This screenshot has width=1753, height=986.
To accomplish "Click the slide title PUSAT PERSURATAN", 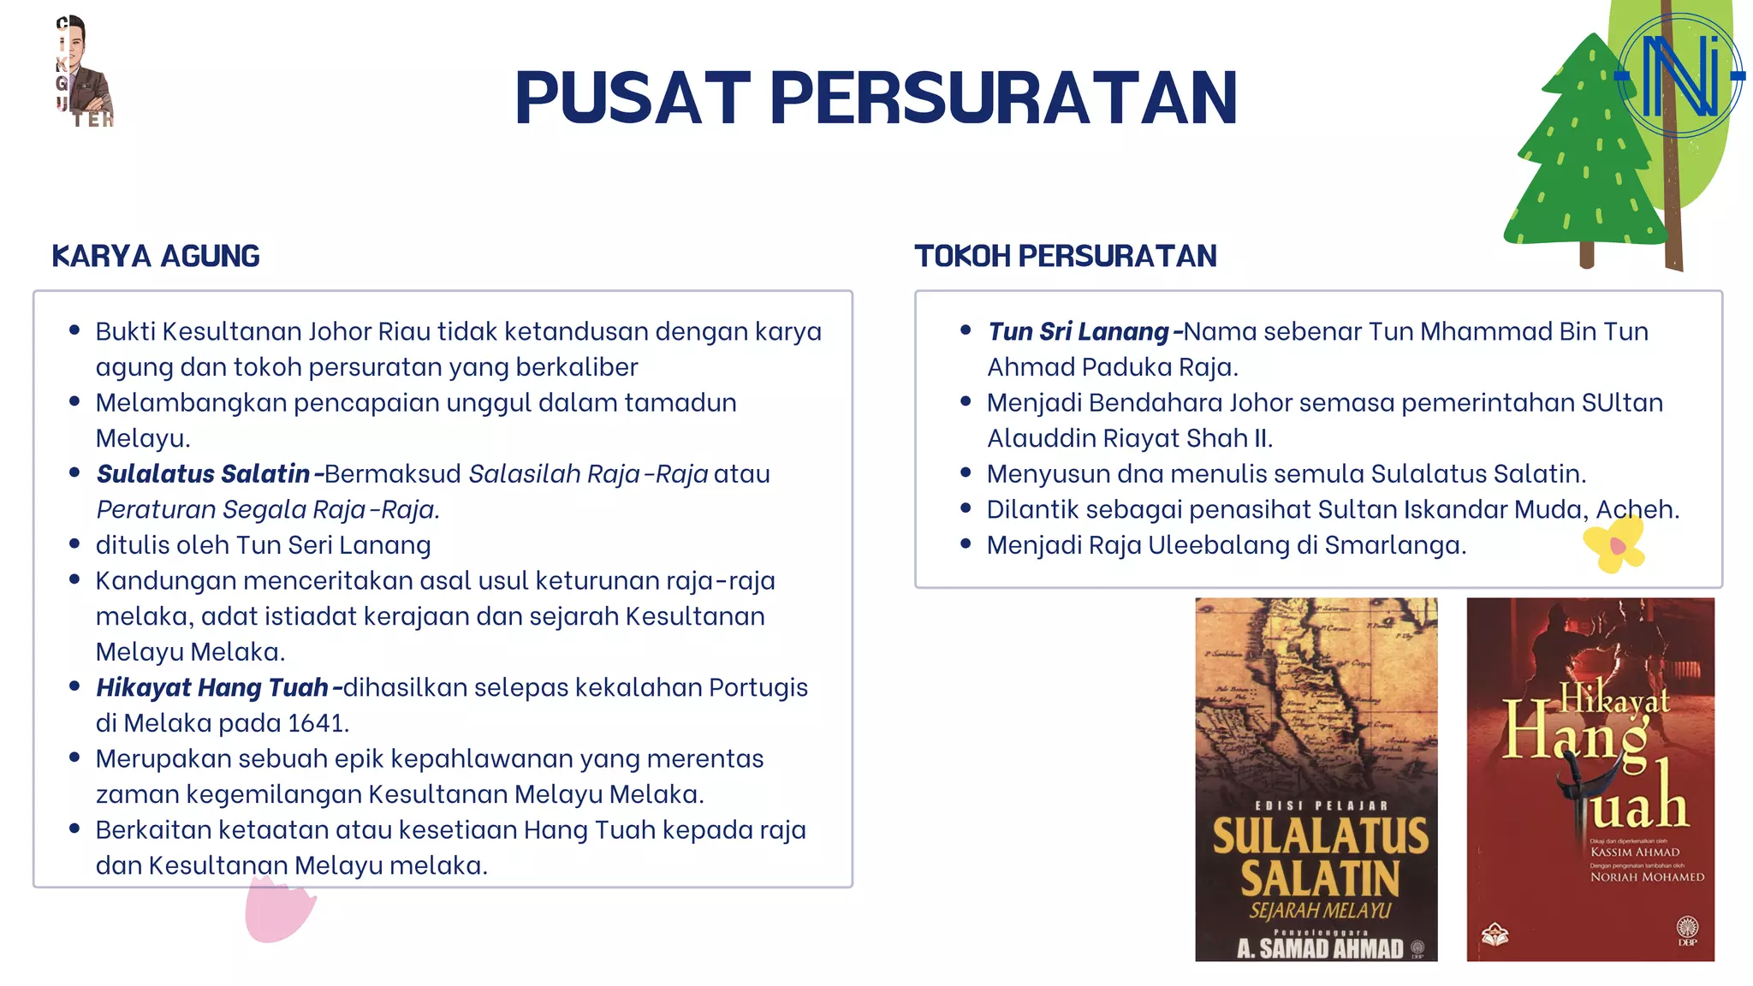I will coord(876,98).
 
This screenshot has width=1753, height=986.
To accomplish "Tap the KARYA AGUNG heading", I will coord(156,256).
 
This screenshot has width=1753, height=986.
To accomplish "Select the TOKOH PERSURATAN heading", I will coord(1065,256).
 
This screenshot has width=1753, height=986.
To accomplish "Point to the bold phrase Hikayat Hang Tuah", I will coord(212,687).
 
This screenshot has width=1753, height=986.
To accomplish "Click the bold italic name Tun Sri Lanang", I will coord(1078,331).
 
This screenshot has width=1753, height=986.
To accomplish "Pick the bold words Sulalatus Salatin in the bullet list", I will coord(203,473).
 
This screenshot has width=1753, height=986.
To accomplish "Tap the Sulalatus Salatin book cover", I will coord(1316,779).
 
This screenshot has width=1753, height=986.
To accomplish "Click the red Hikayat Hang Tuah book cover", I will coord(1590,779).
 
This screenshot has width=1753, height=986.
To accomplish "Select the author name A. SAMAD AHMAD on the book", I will coord(1319,947).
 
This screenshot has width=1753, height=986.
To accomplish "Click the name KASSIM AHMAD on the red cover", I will coord(1634,852).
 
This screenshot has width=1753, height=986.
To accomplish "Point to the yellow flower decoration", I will coord(1613,545).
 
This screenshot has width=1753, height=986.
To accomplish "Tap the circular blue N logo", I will coord(1679,76).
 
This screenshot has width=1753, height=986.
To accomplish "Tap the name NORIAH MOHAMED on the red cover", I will coord(1647,876).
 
